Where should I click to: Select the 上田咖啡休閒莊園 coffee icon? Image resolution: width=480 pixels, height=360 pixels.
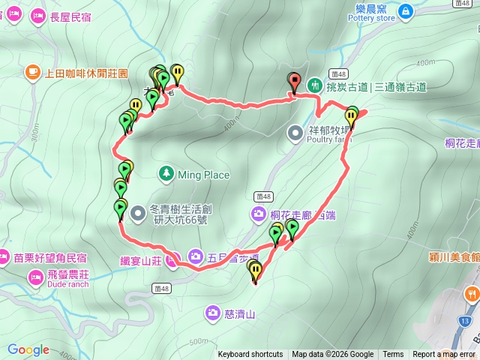[32, 72]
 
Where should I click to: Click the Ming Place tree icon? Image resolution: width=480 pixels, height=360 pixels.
[166, 175]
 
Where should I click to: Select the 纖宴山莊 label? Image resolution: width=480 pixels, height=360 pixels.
[141, 261]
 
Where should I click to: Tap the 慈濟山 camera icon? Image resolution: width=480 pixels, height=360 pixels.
[214, 312]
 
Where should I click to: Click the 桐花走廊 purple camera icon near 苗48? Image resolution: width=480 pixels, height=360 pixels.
[257, 215]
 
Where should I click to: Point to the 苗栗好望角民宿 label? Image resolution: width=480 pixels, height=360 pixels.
[49, 257]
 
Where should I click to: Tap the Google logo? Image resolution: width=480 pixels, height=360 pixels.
[28, 349]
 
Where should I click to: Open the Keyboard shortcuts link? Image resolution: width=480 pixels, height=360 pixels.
[250, 355]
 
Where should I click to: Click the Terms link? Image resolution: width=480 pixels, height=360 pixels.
[393, 355]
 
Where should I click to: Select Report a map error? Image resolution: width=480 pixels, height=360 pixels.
[444, 355]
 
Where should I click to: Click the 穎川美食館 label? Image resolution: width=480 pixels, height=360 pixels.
[451, 256]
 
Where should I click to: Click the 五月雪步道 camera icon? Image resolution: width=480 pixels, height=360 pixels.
[195, 255]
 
